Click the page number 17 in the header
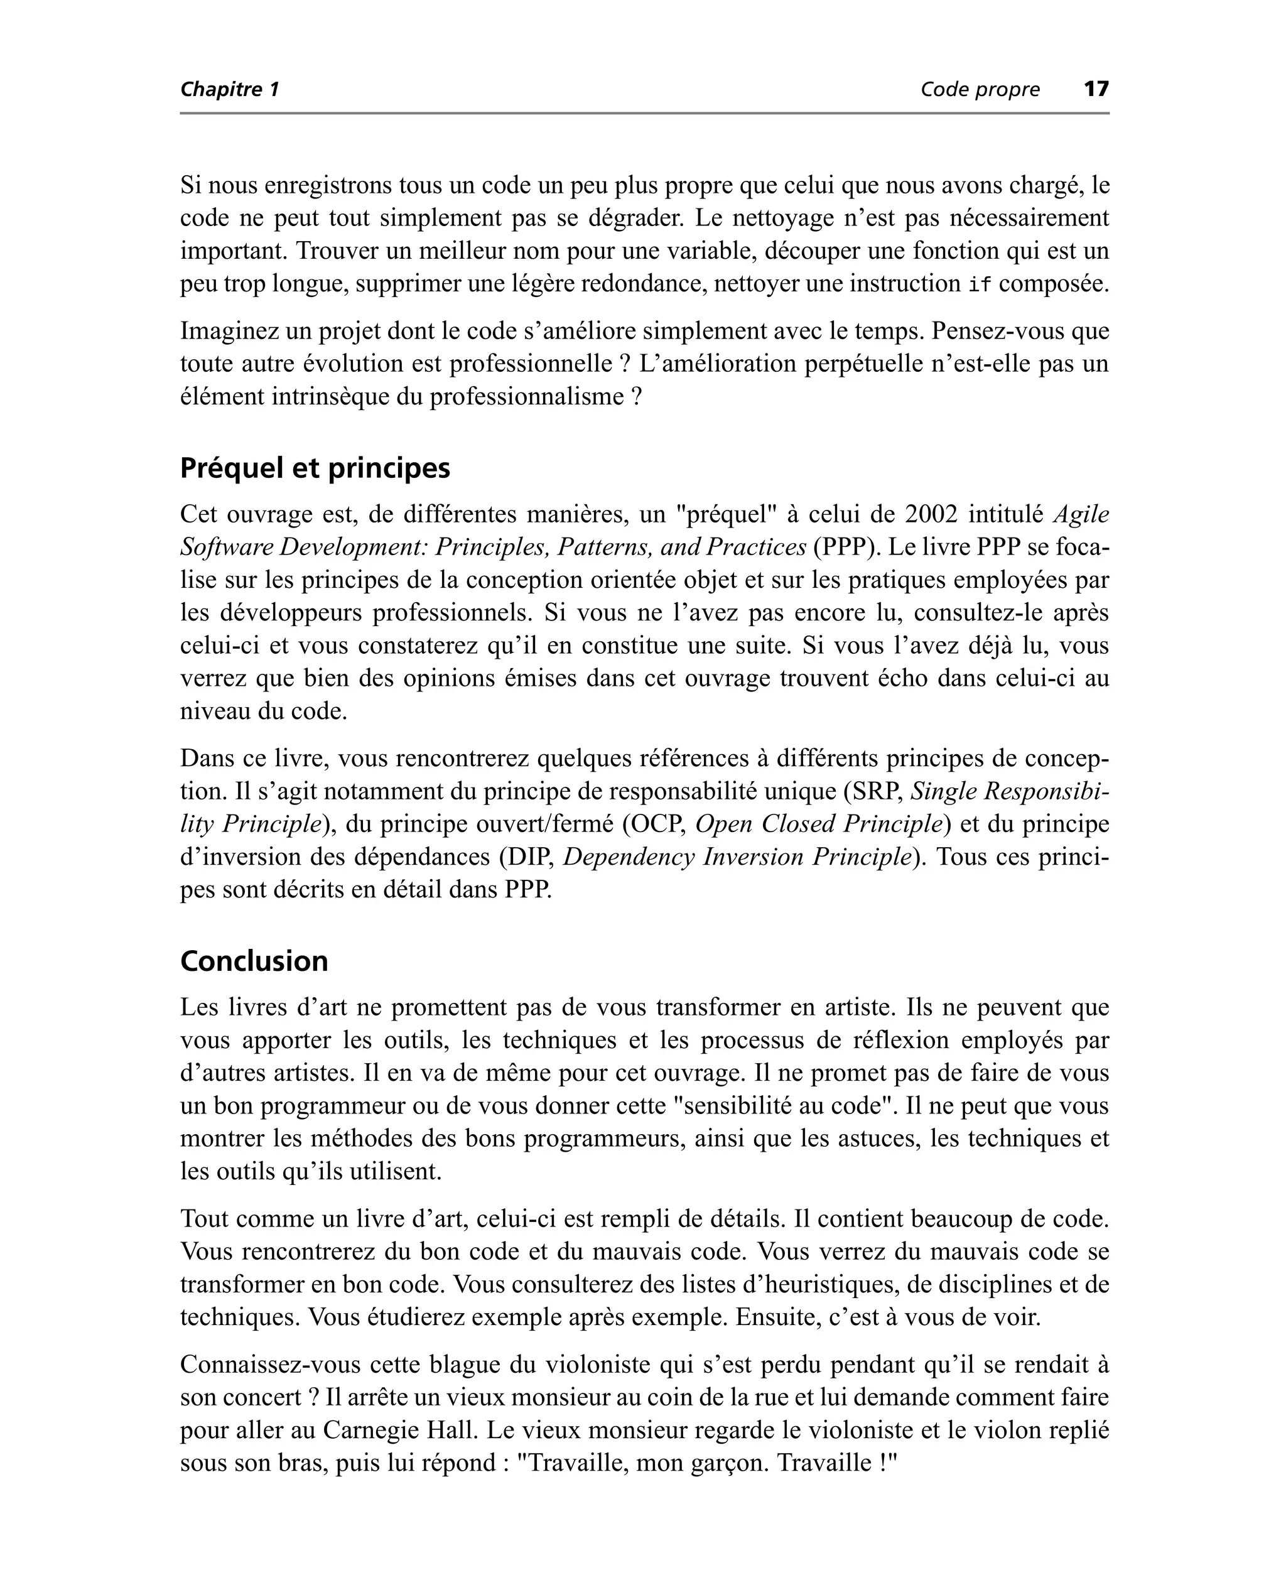[x=1096, y=89]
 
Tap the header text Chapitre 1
[x=230, y=90]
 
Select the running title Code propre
[x=980, y=90]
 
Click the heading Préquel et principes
[x=315, y=468]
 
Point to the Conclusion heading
[x=254, y=961]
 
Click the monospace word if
[x=980, y=284]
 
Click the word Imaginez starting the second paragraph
[x=229, y=331]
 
